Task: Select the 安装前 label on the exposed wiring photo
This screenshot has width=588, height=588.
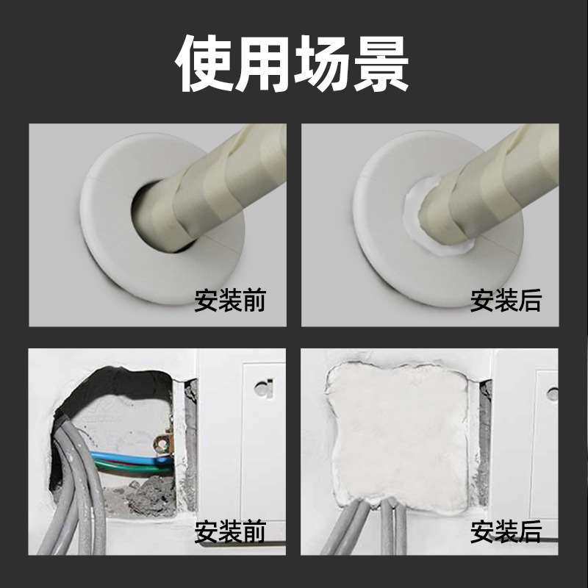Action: [229, 531]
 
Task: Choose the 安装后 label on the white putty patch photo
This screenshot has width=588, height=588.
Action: [506, 531]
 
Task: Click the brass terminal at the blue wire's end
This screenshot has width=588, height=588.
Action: [162, 443]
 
